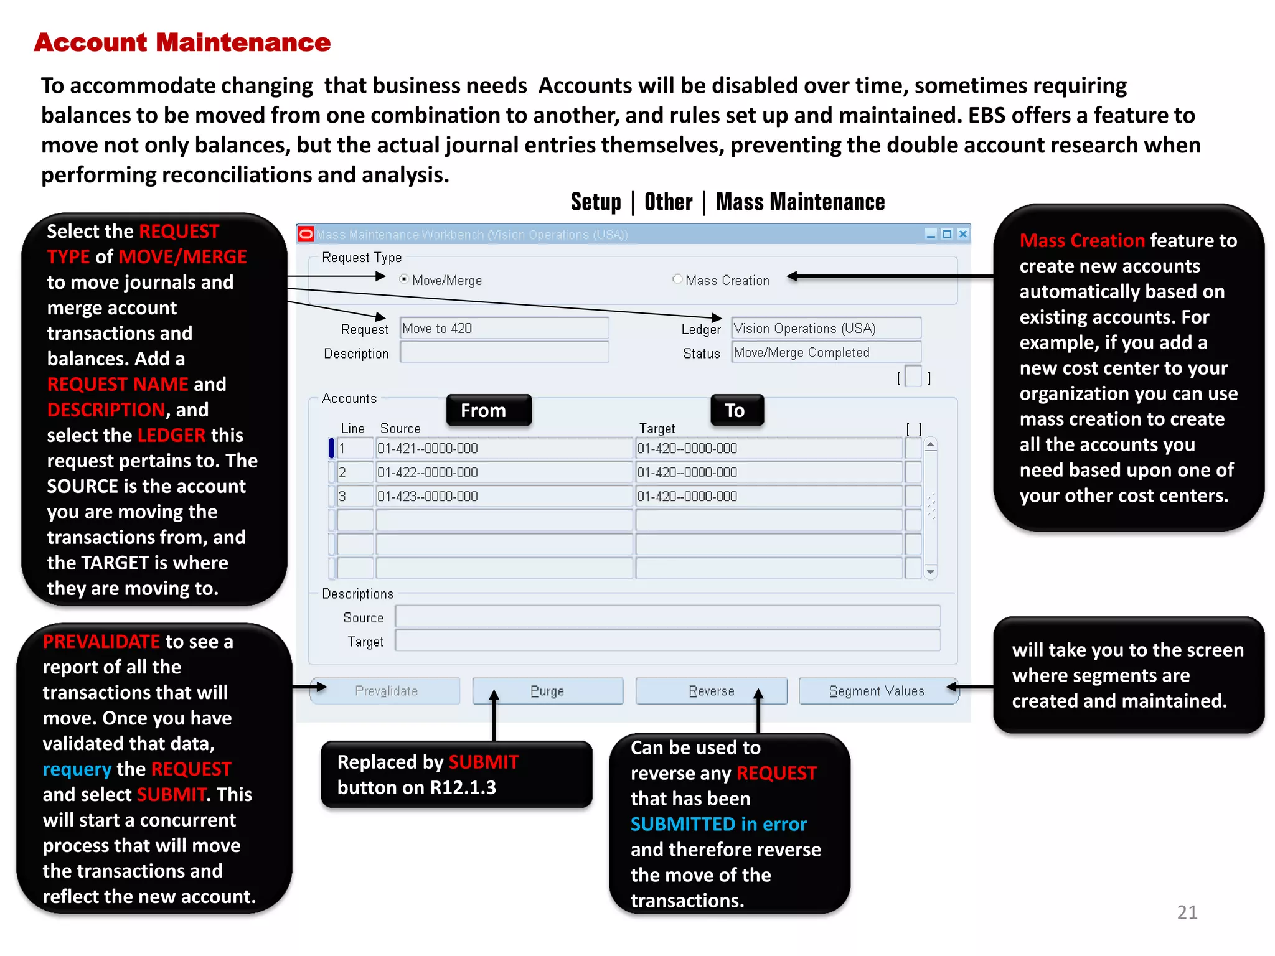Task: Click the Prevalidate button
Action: (x=385, y=691)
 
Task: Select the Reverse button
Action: (x=711, y=691)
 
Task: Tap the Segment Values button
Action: (x=877, y=691)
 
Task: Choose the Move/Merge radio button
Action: (x=405, y=279)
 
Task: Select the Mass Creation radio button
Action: (x=677, y=279)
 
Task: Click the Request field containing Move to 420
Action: (x=504, y=328)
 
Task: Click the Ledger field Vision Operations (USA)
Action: (x=826, y=328)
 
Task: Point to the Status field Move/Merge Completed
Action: (x=826, y=352)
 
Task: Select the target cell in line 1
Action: (x=768, y=448)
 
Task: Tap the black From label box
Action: (x=489, y=410)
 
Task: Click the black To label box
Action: (x=736, y=410)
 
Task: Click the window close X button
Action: (x=962, y=234)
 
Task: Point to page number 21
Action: (x=1187, y=912)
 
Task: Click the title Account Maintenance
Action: (x=182, y=42)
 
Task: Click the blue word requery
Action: (x=77, y=769)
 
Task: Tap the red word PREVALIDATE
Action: (x=101, y=642)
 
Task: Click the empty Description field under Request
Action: (x=504, y=352)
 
